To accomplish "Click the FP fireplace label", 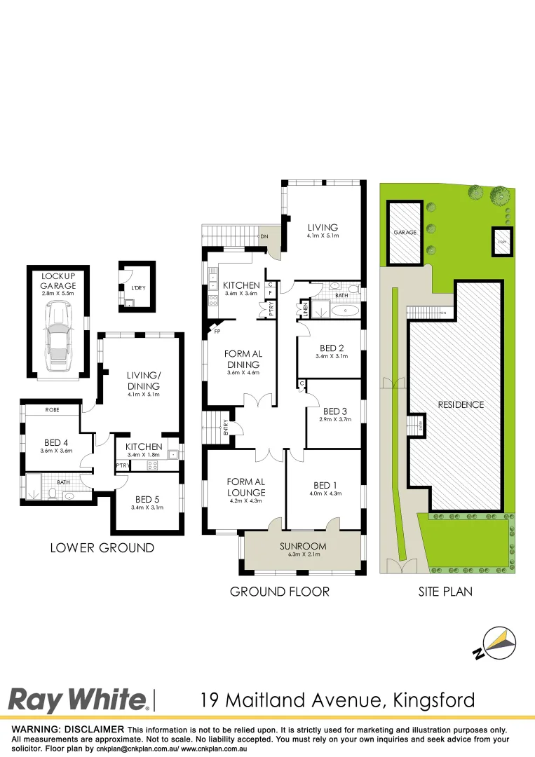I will (217, 332).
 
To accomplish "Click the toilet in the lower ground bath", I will (53, 494).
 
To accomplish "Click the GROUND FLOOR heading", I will (279, 592).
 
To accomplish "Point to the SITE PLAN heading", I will (445, 592).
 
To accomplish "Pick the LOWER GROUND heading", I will (102, 547).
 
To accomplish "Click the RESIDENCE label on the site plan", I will (461, 404).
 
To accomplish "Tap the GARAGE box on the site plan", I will (405, 232).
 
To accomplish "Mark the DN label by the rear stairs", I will (264, 237).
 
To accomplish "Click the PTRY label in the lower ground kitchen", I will (122, 465).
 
